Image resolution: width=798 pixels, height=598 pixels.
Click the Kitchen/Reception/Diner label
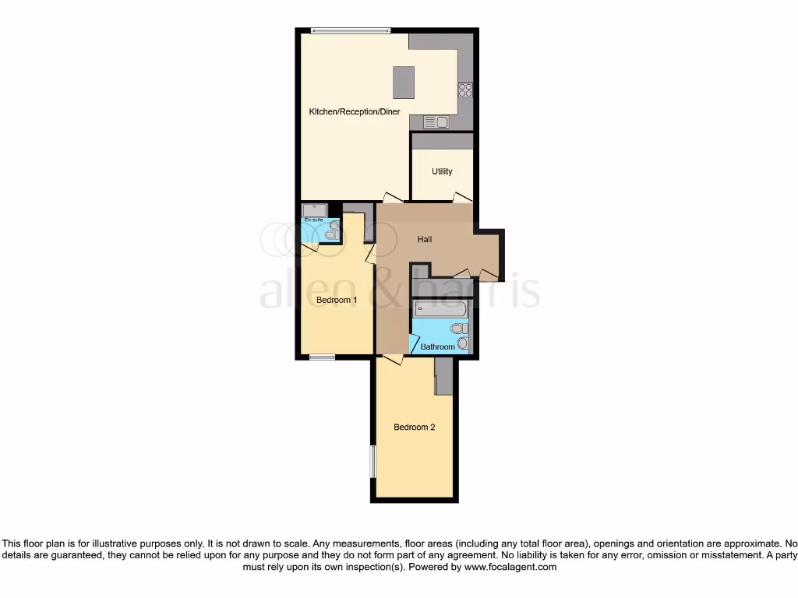(355, 112)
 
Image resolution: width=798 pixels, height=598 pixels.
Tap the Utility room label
(442, 171)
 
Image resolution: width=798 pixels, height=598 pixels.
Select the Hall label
(424, 239)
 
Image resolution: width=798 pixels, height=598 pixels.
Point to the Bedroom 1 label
(336, 300)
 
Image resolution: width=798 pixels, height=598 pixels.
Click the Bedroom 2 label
(414, 427)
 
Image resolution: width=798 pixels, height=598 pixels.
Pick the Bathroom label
(437, 346)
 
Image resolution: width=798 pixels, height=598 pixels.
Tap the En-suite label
(313, 220)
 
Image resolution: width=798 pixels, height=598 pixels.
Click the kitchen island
(404, 82)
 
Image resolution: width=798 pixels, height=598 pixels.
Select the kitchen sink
(436, 121)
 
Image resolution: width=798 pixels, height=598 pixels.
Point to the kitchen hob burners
(465, 90)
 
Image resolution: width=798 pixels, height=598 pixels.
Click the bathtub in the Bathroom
(440, 309)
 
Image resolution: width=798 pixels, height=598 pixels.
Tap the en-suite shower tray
(315, 209)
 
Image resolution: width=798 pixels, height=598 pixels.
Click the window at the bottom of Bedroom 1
(322, 357)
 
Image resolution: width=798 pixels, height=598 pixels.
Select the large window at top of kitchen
(351, 30)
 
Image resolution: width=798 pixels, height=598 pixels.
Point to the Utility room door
(463, 198)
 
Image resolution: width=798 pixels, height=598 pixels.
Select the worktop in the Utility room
(442, 141)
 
